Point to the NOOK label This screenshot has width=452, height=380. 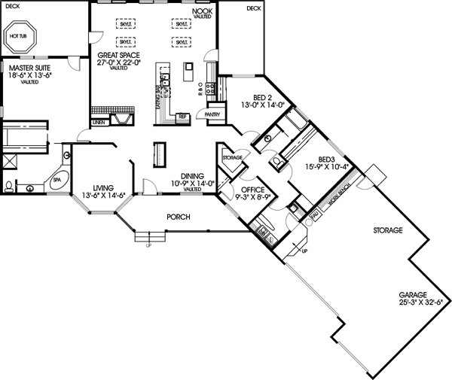pyautogui.click(x=202, y=11)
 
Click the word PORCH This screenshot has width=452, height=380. pyautogui.click(x=178, y=217)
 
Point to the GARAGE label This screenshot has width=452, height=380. pyautogui.click(x=414, y=294)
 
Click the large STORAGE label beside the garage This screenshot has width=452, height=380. pyautogui.click(x=389, y=230)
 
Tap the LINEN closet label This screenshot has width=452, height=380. pyautogui.click(x=99, y=121)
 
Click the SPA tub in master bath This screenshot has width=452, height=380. pyautogui.click(x=55, y=181)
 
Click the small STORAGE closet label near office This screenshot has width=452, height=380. pyautogui.click(x=232, y=157)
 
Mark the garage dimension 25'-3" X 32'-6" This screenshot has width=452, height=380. pyautogui.click(x=414, y=302)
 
